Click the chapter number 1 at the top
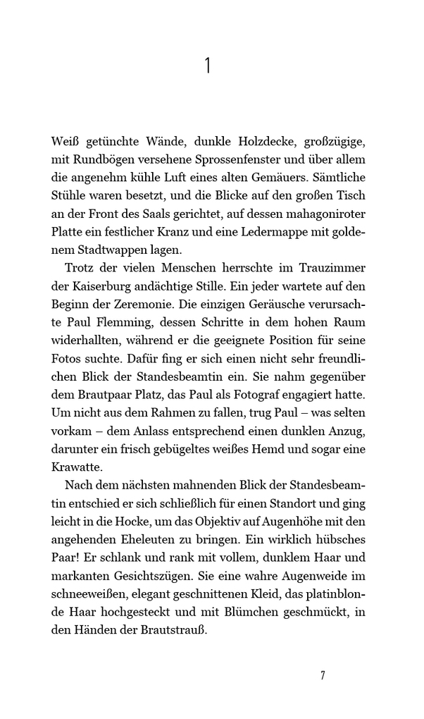(208, 66)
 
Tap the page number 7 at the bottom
(322, 675)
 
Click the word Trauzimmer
(330, 268)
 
